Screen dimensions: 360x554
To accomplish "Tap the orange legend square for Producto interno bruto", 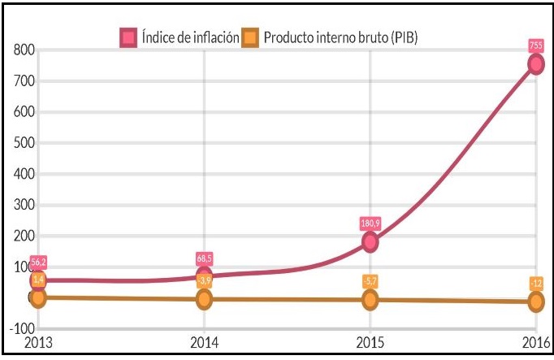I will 252,37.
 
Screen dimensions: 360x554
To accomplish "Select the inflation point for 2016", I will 535,63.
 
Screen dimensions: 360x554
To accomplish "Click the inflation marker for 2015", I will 370,241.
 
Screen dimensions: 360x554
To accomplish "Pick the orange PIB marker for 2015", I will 370,300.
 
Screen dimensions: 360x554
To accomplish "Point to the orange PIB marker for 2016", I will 535,301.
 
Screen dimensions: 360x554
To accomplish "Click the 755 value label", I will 535,46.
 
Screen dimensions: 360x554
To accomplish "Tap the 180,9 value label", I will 370,223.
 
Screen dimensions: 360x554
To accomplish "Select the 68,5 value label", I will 204,258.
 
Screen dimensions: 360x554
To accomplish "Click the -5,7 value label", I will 370,281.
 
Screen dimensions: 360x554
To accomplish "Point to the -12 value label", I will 535,283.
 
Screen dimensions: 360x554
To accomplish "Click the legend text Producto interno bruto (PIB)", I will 341,37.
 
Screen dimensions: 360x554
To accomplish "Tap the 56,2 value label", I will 38,262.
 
